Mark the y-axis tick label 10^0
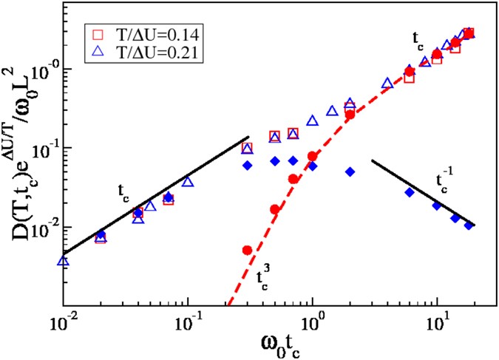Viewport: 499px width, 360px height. (x=46, y=70)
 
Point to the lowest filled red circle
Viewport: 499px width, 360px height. (x=248, y=250)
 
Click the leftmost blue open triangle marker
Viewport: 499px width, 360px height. (x=64, y=260)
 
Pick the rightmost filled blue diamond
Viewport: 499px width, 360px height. (x=469, y=225)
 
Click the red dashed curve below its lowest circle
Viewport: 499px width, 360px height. (x=235, y=285)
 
